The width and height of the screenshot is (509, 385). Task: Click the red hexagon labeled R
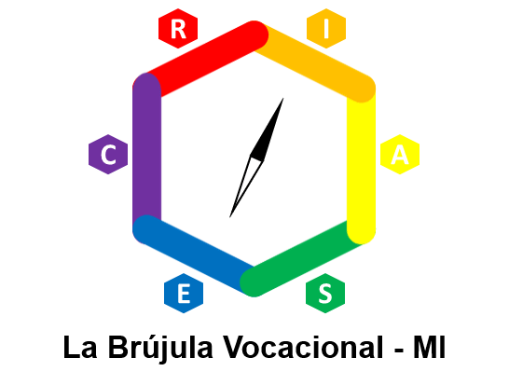tap(178, 29)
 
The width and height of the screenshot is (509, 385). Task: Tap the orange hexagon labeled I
tap(326, 29)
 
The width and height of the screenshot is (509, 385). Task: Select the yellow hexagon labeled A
tap(400, 154)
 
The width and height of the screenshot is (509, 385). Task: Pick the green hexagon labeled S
tap(325, 293)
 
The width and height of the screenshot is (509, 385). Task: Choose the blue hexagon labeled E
tap(184, 293)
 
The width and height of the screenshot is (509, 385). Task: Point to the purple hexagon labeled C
tap(108, 154)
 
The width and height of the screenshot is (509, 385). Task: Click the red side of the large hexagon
tap(200, 60)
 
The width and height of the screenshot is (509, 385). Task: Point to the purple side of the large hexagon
tap(147, 153)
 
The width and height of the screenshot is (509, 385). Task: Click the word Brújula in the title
tap(160, 348)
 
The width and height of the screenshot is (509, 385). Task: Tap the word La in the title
tap(80, 347)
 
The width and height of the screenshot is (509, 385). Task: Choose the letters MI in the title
tap(429, 347)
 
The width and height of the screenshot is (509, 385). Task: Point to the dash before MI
tap(399, 350)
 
